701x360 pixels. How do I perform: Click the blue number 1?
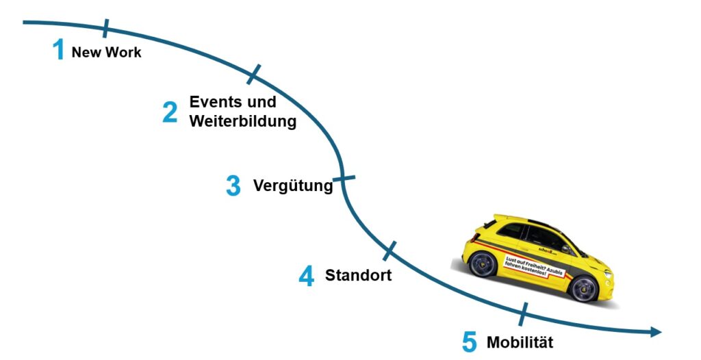(x=59, y=50)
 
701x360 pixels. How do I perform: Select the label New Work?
(x=106, y=53)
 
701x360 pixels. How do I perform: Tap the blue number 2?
(x=170, y=112)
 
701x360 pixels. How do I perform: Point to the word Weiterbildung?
(x=243, y=122)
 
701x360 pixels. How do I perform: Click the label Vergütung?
(x=292, y=185)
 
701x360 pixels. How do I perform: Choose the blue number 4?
(x=306, y=276)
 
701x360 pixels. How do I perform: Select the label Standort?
(x=358, y=276)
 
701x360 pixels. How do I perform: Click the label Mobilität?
(x=520, y=342)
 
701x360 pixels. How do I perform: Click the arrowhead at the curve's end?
(x=655, y=332)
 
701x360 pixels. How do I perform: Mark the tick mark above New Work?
(x=105, y=28)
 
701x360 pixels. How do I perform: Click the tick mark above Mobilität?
(x=524, y=314)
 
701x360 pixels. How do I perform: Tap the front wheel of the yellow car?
(x=584, y=288)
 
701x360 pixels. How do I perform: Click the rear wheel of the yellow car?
(x=483, y=263)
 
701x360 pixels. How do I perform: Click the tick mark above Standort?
(x=390, y=250)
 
